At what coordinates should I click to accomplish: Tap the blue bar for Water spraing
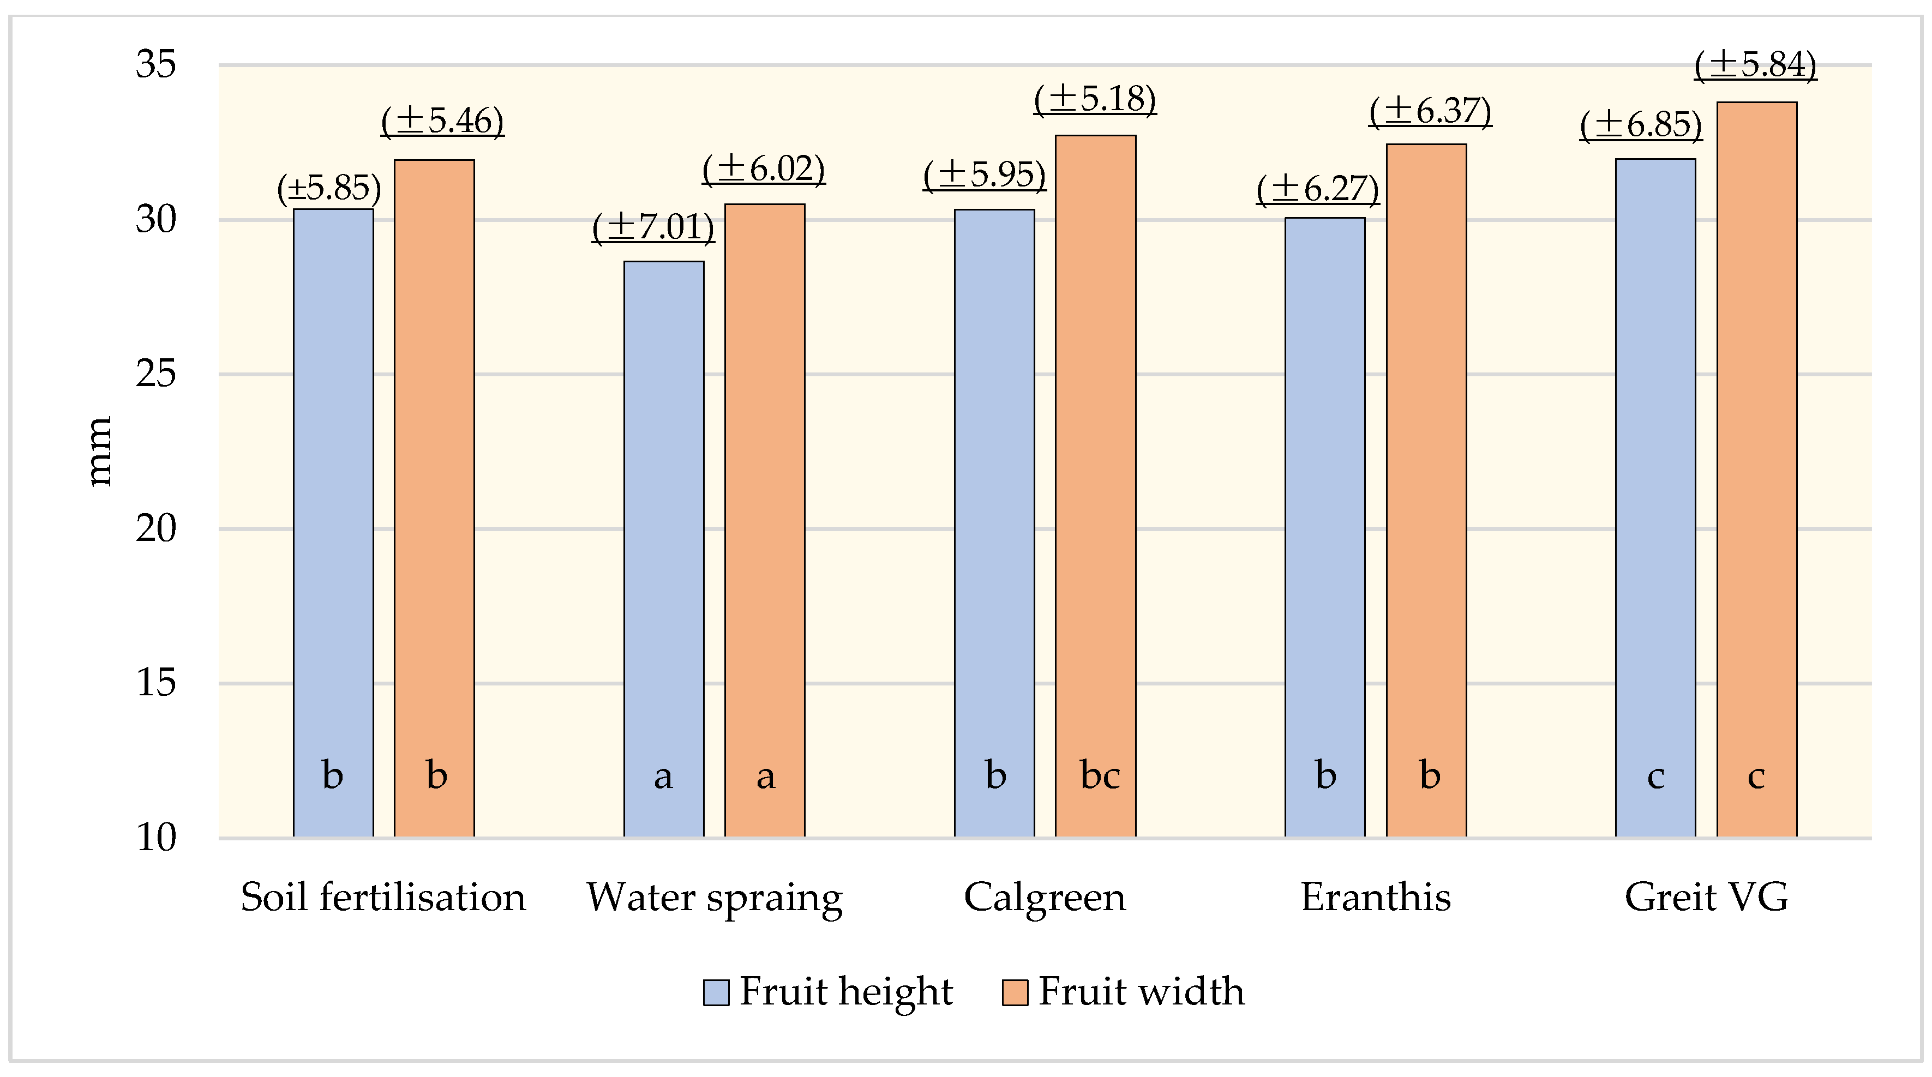click(x=664, y=547)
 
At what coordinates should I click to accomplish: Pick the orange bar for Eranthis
click(x=1426, y=488)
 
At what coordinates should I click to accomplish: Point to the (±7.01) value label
click(x=653, y=226)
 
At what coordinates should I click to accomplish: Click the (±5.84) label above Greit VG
click(x=1755, y=64)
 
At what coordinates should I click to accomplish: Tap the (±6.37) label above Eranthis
click(x=1430, y=111)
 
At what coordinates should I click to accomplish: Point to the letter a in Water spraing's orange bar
click(x=765, y=776)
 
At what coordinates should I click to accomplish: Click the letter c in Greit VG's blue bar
click(x=1655, y=776)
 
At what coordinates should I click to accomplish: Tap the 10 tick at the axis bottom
click(x=156, y=837)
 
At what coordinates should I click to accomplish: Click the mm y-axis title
click(x=99, y=452)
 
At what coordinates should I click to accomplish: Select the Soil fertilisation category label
click(x=383, y=897)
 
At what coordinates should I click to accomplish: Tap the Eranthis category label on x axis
click(x=1376, y=897)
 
